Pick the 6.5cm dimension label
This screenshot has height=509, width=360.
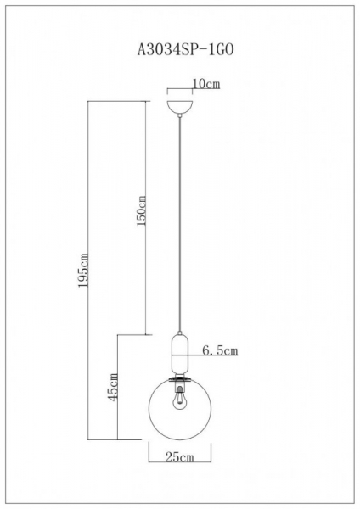pyautogui.click(x=219, y=349)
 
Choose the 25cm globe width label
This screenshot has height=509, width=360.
pyautogui.click(x=179, y=458)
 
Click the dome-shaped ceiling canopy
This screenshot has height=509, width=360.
pyautogui.click(x=180, y=106)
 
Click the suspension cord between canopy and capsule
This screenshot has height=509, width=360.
pyautogui.click(x=180, y=221)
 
